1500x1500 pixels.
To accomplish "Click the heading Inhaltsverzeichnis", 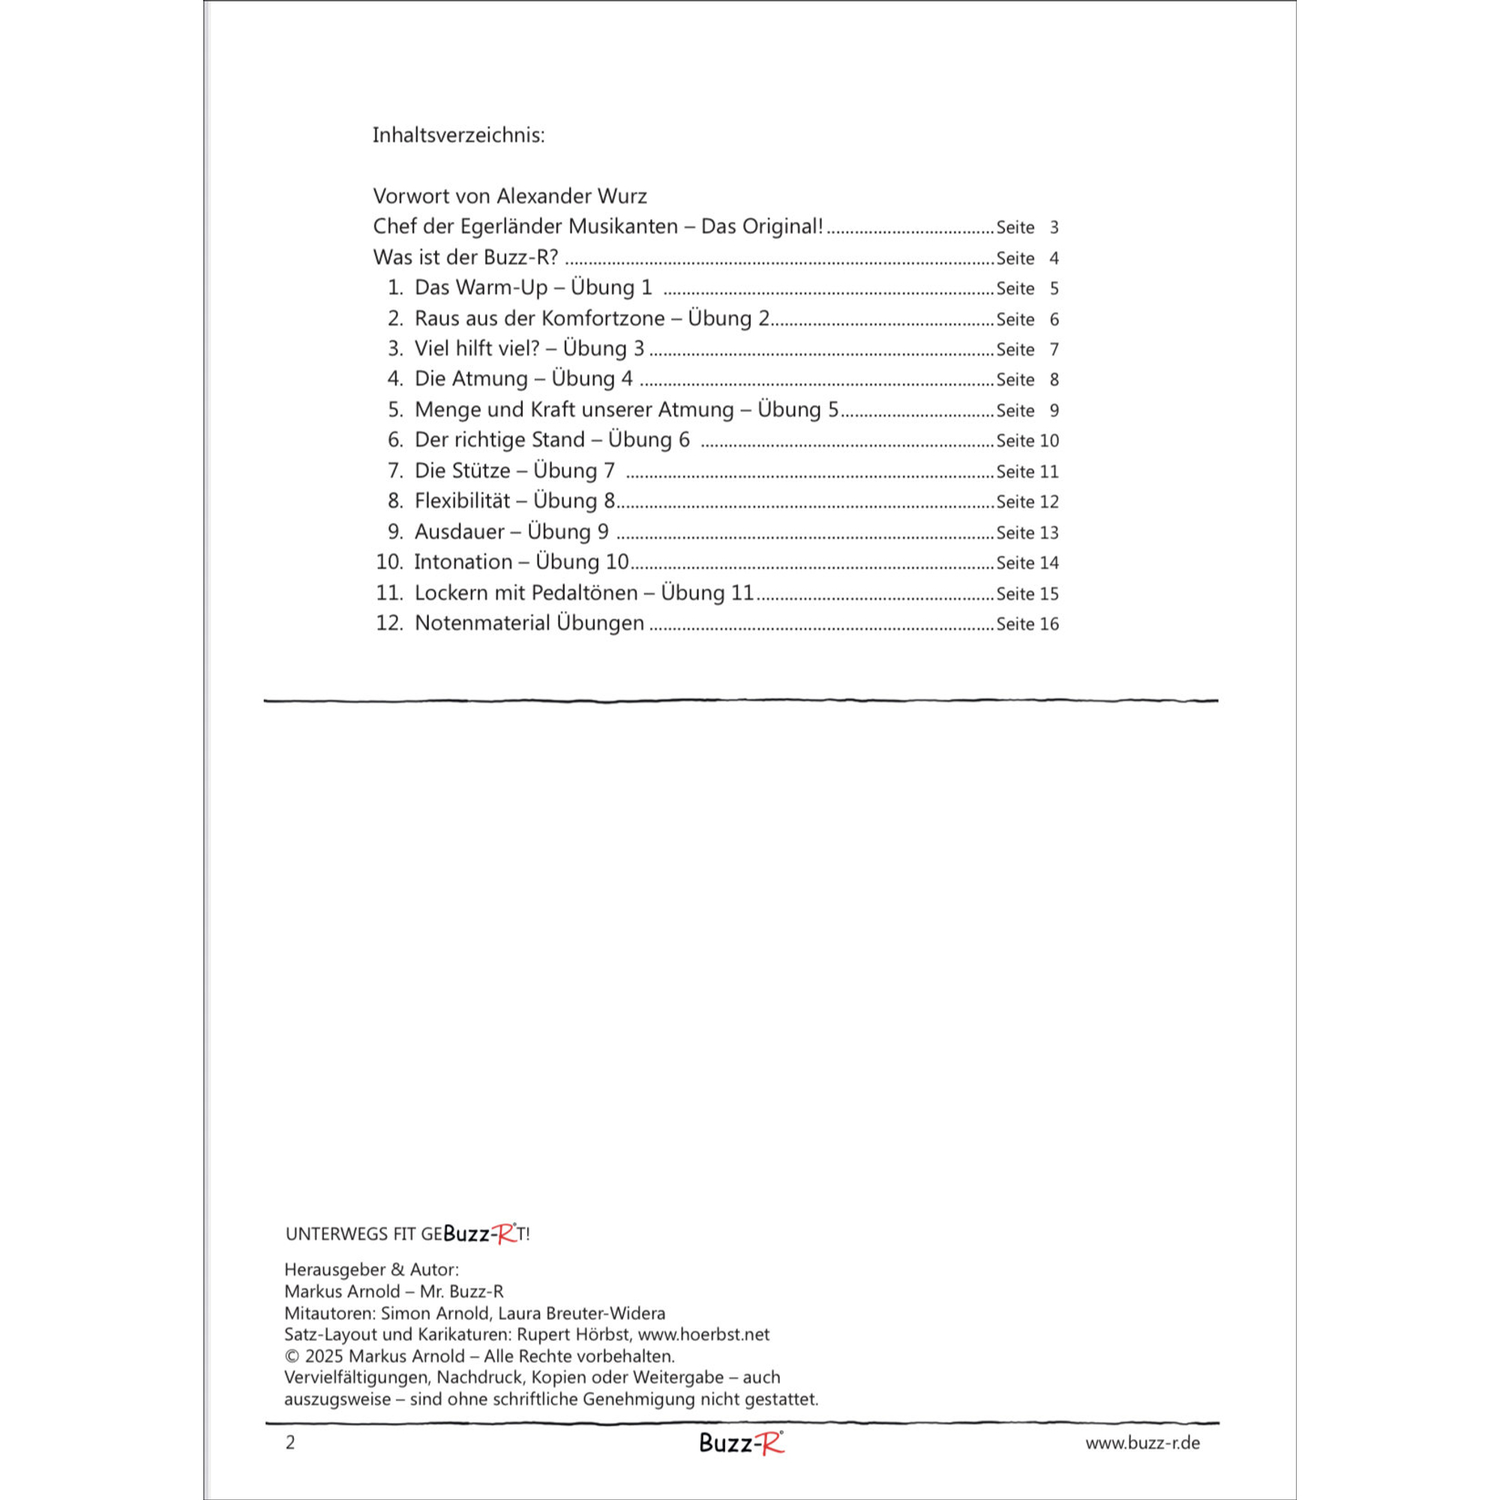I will (458, 135).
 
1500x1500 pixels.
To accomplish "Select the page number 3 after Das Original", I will (1054, 227).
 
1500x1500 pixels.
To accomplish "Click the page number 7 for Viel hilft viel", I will (1054, 349).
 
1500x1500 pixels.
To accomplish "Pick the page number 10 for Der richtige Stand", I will (1049, 440).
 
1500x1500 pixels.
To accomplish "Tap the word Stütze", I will (480, 470).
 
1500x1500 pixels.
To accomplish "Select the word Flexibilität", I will (462, 501).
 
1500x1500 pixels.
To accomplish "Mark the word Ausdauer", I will (460, 532).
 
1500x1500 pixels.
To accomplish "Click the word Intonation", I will (463, 562).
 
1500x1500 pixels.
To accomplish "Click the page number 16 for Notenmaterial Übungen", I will (1049, 623).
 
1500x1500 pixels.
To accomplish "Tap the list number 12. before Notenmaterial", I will (389, 623).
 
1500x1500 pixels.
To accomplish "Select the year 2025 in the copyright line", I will (324, 1355).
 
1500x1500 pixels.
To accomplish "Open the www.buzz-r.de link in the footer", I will (1142, 1442).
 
